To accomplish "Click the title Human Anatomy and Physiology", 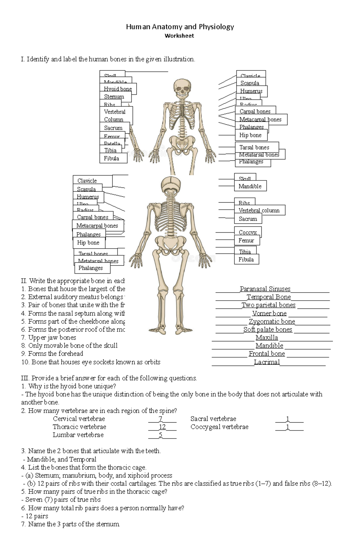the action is [180, 27].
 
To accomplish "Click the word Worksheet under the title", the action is [179, 36].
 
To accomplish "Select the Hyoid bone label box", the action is [118, 89].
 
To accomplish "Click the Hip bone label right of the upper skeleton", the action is [250, 135].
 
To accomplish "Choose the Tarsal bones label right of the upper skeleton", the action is [254, 147].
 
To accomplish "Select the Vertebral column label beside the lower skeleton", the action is [259, 210].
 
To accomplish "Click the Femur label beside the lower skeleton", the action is [246, 240].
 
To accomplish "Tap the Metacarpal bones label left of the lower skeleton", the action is [97, 226].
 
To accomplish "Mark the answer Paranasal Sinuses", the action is [265, 289].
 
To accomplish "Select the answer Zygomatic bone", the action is [272, 322].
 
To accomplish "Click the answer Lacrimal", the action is [267, 362].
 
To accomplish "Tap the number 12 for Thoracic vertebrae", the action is [162, 427].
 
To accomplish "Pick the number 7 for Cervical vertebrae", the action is [160, 419].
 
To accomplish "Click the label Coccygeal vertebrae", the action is [219, 427].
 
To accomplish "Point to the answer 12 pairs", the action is [37, 516].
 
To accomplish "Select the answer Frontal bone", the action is [267, 354].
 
